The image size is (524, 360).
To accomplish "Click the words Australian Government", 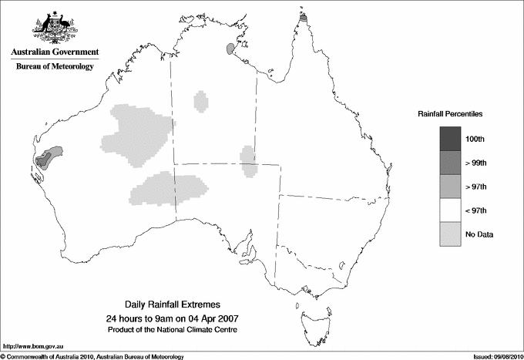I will (x=55, y=52).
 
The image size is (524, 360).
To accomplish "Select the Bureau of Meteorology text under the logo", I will (x=55, y=66).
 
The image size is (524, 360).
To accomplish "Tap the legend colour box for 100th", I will (x=450, y=139).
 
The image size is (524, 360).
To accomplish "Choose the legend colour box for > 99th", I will (x=450, y=163).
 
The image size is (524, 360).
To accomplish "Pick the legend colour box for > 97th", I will (x=450, y=187).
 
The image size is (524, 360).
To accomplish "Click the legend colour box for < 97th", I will (x=450, y=210).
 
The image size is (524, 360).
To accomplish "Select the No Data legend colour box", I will (x=450, y=234).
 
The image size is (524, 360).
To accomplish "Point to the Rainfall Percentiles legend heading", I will (x=450, y=114).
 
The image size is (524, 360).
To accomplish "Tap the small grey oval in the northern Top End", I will (x=230, y=49).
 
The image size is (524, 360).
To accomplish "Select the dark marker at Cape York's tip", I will (x=304, y=16).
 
